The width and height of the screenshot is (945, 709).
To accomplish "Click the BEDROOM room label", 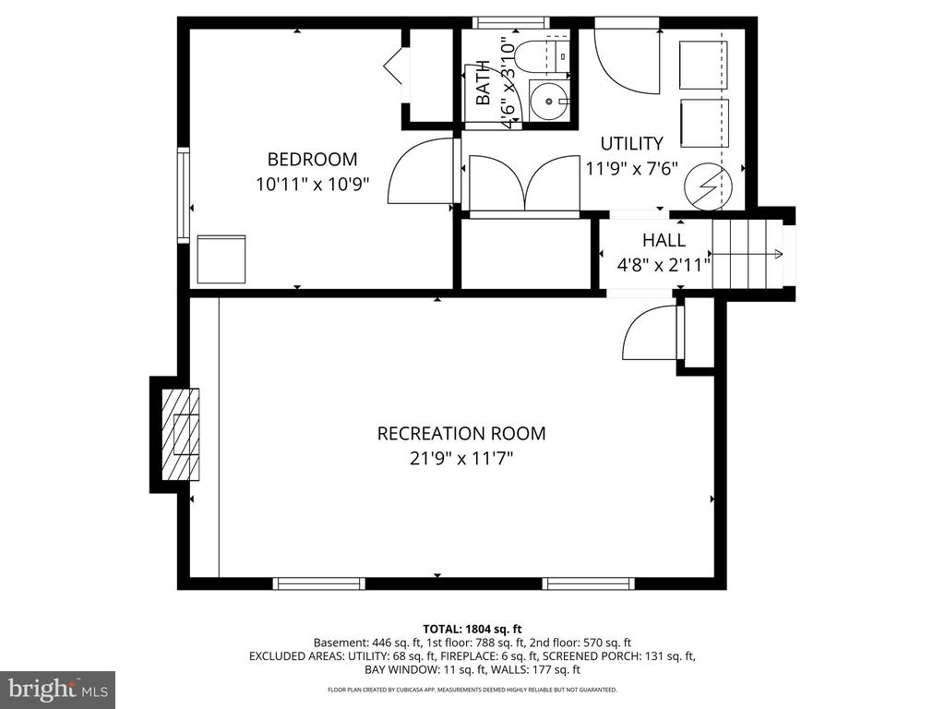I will coord(312,159).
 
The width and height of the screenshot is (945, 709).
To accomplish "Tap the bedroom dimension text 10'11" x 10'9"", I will coord(312,184).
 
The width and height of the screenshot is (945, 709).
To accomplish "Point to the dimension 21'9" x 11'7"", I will coord(461,458).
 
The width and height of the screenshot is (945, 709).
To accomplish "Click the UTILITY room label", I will coord(631,143).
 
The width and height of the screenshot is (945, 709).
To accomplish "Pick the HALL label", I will coord(664,241).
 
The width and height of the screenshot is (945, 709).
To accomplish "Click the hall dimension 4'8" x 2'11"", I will coord(664,266).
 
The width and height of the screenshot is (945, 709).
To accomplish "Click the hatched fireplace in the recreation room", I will coord(181,434).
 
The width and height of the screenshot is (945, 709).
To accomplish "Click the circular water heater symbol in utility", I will coord(706,186).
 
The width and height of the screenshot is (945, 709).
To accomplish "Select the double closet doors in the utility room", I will coord(524,184).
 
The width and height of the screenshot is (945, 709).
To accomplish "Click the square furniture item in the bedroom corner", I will coord(221,259).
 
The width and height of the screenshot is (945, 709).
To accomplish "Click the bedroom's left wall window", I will coord(184,194).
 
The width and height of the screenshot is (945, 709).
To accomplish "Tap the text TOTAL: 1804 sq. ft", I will coord(472,629).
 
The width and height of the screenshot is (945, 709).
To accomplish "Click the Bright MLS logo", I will coord(56,689).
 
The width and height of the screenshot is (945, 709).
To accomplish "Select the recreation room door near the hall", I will coord(652,334).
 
